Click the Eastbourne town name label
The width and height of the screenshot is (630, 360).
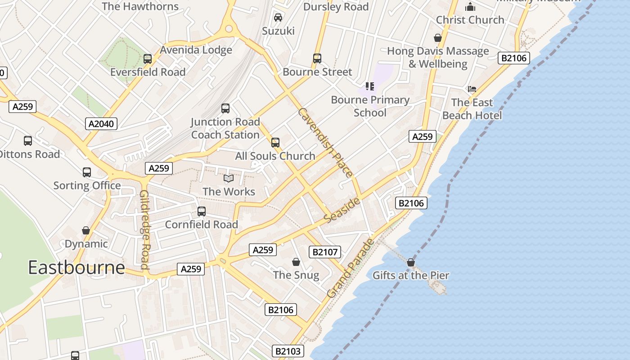[76, 267]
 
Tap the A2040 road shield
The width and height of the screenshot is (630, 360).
[101, 124]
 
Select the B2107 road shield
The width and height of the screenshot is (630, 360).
[324, 252]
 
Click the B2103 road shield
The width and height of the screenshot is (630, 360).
[288, 351]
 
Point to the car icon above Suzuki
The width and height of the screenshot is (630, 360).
[278, 18]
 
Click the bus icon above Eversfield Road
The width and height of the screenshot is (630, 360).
[148, 58]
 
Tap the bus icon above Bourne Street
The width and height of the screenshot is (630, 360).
[317, 58]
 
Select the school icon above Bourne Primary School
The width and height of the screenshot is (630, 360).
[370, 86]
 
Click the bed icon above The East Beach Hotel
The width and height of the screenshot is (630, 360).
[472, 89]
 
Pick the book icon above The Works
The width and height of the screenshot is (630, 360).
[229, 179]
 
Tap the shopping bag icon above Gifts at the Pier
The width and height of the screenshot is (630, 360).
[411, 262]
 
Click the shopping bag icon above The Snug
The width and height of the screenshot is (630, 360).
[296, 262]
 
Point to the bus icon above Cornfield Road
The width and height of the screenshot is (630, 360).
[202, 211]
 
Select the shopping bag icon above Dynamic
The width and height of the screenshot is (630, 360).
[86, 231]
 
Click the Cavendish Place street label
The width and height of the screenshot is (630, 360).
[325, 142]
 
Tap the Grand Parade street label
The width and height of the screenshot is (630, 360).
[351, 269]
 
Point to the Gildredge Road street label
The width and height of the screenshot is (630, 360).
[144, 229]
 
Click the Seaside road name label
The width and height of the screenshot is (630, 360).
[342, 210]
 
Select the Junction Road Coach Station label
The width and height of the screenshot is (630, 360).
[225, 128]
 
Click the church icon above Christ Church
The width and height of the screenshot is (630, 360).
[470, 7]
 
